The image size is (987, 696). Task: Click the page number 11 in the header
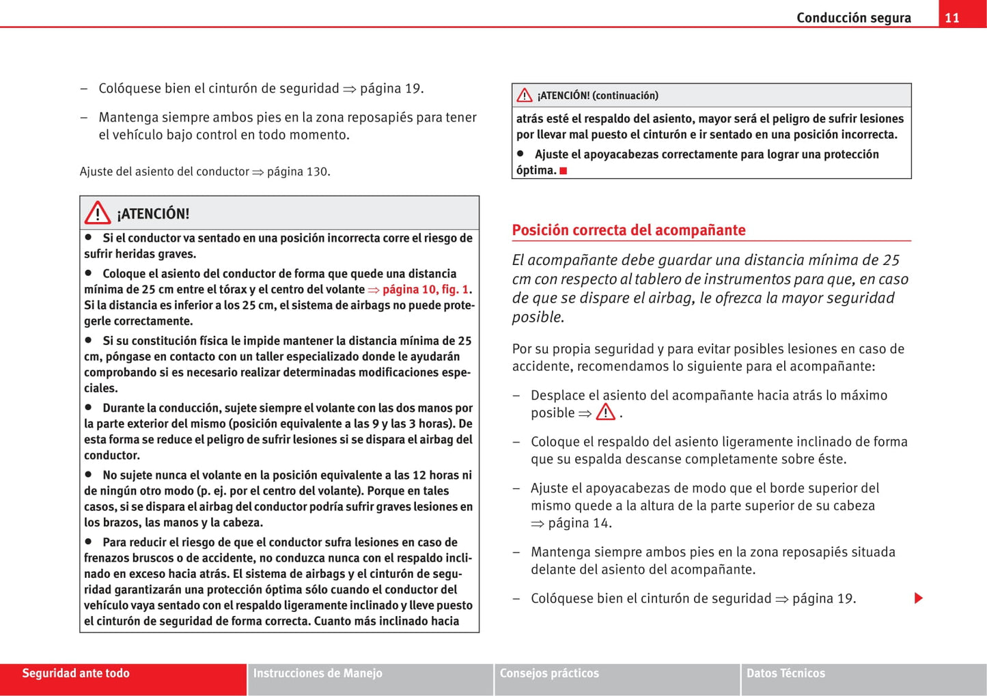[952, 18]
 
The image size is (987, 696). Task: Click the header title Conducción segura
[853, 18]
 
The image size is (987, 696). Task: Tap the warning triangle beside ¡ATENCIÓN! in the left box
[98, 213]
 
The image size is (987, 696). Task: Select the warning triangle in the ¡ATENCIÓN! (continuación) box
[525, 96]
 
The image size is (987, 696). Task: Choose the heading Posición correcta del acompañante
[628, 230]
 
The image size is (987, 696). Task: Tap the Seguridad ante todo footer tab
[76, 673]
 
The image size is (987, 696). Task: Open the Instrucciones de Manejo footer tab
[318, 673]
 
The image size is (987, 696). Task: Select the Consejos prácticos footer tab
[549, 673]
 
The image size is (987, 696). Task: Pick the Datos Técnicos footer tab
[786, 673]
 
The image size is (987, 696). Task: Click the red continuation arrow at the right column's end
[919, 598]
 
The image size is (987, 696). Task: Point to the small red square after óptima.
[564, 171]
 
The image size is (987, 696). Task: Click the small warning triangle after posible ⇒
[605, 413]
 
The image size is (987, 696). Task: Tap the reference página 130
[298, 171]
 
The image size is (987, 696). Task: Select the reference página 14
[579, 523]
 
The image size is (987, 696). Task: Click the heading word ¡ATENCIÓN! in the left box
[153, 214]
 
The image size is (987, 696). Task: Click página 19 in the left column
[391, 89]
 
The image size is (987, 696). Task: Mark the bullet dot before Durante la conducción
[89, 407]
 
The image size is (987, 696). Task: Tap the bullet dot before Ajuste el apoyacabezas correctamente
[520, 154]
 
